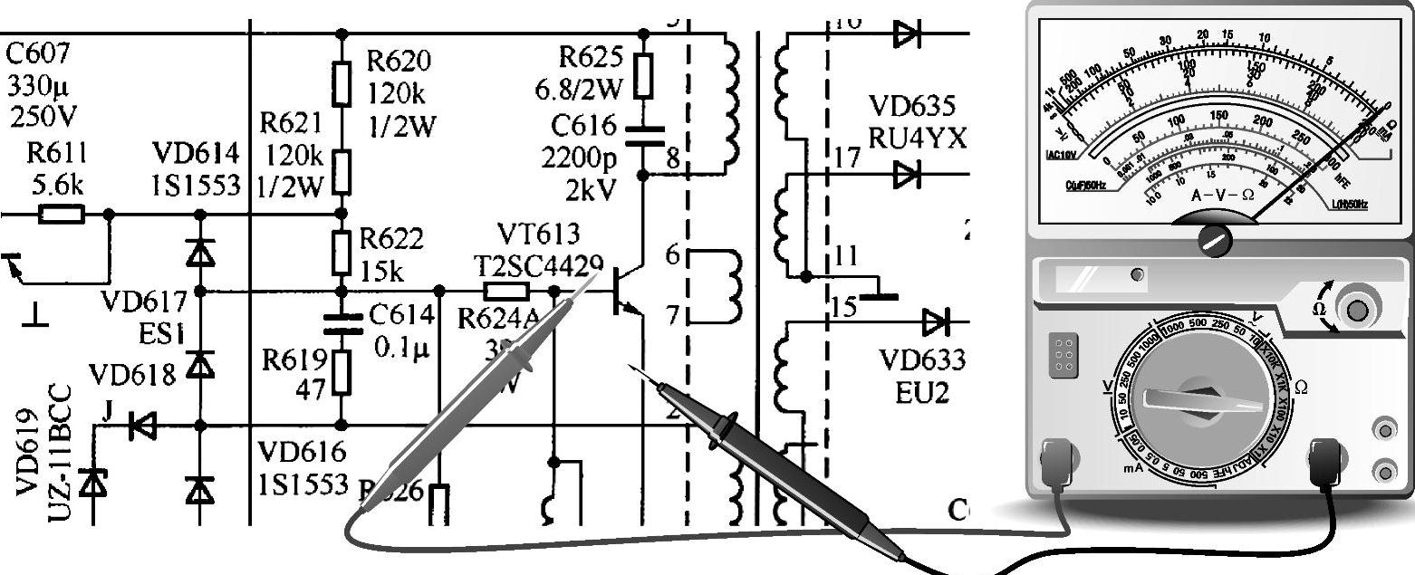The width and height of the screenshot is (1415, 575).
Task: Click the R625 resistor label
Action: [x=591, y=58]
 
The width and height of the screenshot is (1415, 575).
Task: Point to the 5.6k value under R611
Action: [x=56, y=186]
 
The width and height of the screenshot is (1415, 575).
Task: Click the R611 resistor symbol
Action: [x=62, y=215]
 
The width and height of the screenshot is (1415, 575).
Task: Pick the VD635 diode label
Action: [x=912, y=107]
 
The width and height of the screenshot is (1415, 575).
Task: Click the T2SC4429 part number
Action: [x=539, y=264]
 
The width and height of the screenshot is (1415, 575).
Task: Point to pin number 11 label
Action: [x=846, y=256]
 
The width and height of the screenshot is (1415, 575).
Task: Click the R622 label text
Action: [x=391, y=238]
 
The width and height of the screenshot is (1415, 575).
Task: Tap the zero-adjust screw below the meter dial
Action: [x=1215, y=240]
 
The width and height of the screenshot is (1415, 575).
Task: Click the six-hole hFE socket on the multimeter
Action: [x=1064, y=355]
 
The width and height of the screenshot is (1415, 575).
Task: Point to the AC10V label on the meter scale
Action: [x=1063, y=154]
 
